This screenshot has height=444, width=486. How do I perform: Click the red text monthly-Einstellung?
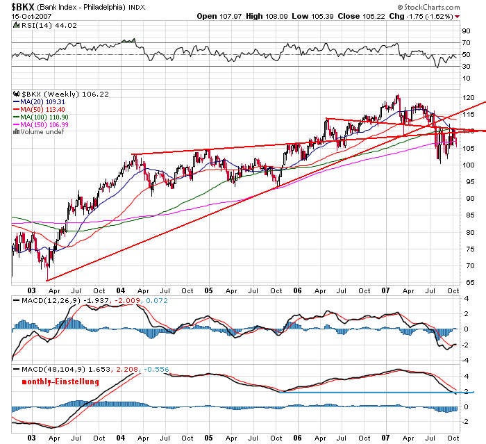[x=60, y=381]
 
